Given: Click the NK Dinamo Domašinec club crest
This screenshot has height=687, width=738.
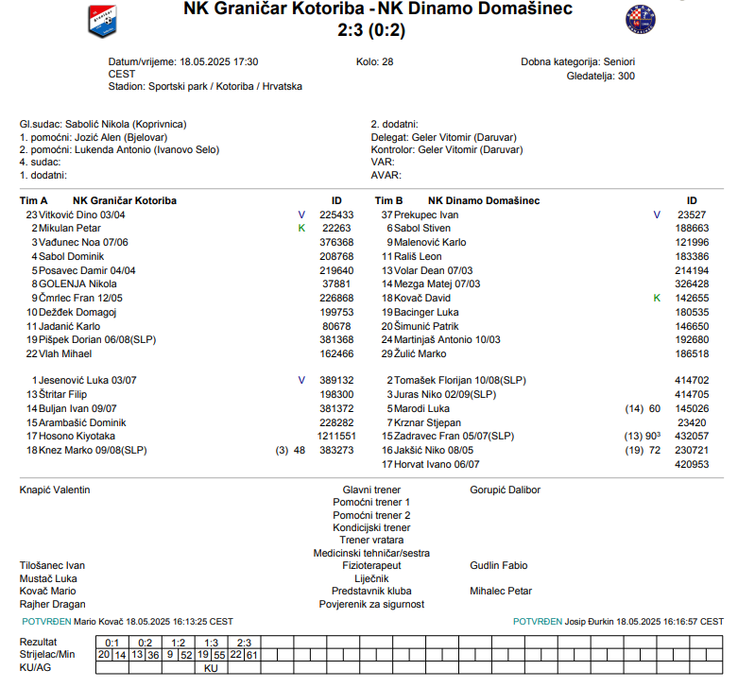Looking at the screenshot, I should click(640, 19).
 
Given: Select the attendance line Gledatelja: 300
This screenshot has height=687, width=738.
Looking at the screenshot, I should click(600, 76).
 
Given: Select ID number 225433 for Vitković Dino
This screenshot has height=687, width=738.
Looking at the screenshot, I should click(336, 215).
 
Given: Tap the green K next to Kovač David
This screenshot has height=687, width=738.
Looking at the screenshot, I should click(657, 298).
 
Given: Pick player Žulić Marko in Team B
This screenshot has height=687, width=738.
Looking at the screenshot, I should click(420, 353).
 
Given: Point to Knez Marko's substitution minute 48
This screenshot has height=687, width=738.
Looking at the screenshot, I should click(300, 451).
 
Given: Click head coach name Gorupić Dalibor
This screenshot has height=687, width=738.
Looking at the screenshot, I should click(506, 489).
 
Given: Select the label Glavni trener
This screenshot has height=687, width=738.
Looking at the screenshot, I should click(371, 489).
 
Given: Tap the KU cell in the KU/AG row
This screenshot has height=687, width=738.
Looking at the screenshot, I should click(212, 667).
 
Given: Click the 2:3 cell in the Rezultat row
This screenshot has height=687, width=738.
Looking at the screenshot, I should click(245, 642).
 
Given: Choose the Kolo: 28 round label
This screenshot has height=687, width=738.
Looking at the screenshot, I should click(375, 61).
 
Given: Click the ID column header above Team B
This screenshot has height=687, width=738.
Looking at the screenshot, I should click(692, 200).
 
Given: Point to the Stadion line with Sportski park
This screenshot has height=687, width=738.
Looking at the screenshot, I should click(205, 86).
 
